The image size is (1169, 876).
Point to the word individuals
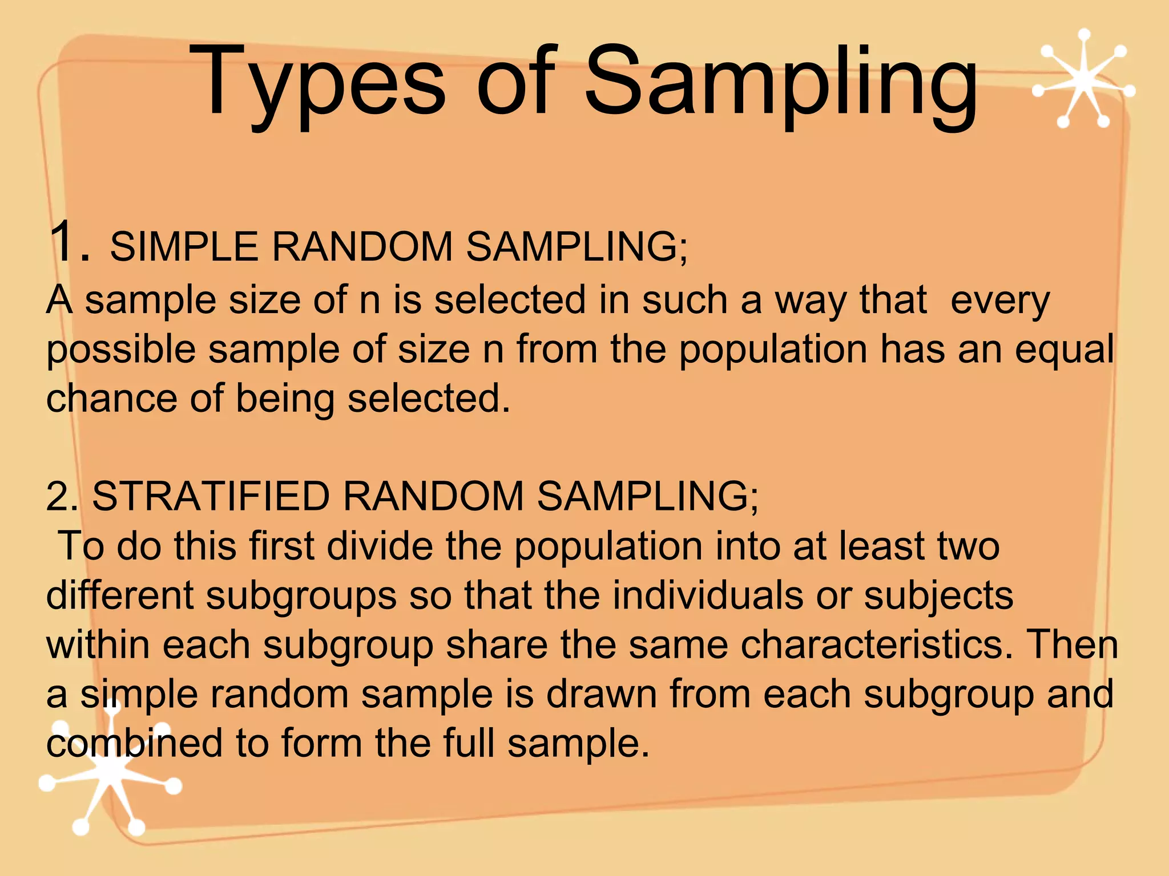pos(708,595)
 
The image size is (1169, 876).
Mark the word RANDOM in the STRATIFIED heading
pos(433,496)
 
